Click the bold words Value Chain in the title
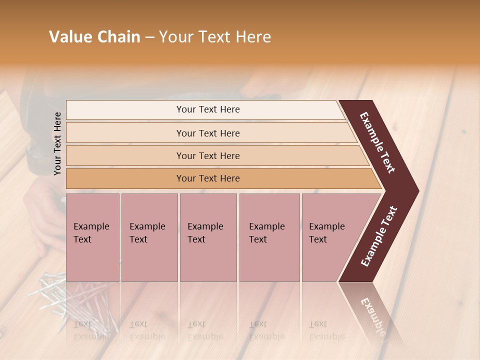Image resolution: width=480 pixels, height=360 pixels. click(94, 37)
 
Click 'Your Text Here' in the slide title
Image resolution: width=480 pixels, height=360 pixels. click(215, 37)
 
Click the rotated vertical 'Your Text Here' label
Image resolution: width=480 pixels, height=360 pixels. click(57, 143)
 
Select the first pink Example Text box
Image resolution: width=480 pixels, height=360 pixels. click(92, 237)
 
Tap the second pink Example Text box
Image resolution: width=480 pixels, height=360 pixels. click(149, 237)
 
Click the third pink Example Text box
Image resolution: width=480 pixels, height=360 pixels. click(208, 237)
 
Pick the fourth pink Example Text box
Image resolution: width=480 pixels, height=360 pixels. click(269, 237)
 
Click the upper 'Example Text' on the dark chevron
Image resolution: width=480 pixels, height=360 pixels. click(378, 143)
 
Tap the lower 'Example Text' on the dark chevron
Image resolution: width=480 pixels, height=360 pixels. click(379, 236)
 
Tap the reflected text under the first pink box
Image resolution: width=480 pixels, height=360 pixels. click(91, 330)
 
